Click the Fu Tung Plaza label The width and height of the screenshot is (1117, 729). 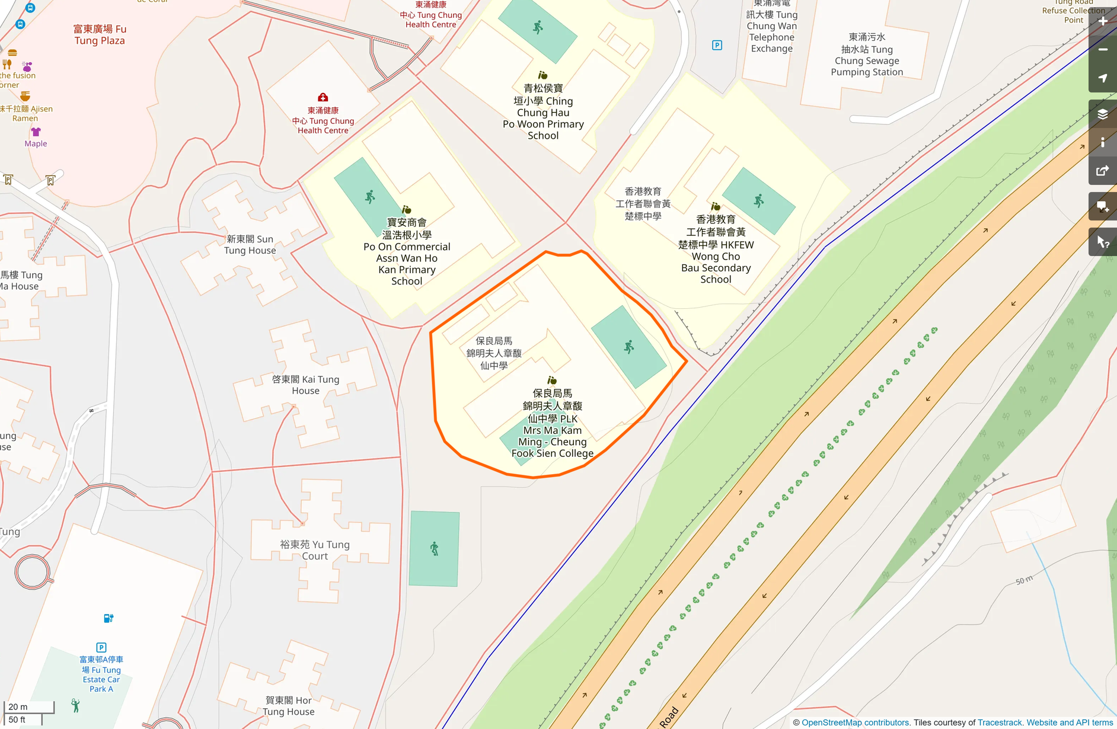[x=100, y=34]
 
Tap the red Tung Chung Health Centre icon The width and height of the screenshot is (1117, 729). [x=323, y=97]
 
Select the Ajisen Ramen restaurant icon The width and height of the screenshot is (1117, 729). [x=25, y=96]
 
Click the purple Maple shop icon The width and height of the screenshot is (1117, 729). [x=36, y=132]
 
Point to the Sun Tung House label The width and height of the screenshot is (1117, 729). [x=250, y=244]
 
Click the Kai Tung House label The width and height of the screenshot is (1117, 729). [x=305, y=385]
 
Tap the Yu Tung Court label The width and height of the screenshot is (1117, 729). [x=315, y=550]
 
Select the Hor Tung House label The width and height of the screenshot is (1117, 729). [x=289, y=706]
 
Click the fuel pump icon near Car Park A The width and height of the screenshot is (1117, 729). [x=108, y=618]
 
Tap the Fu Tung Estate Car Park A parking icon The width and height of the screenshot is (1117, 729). [x=101, y=647]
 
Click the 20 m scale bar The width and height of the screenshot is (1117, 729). [x=28, y=707]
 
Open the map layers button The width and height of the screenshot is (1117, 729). [x=1102, y=114]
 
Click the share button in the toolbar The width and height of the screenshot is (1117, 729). [x=1102, y=171]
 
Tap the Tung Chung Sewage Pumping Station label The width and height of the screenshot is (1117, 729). [x=866, y=55]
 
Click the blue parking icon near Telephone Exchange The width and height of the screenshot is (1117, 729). [x=717, y=46]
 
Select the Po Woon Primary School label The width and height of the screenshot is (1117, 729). [x=543, y=112]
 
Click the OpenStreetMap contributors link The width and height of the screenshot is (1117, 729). [x=855, y=722]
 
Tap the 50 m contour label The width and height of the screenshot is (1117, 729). [x=1024, y=580]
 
